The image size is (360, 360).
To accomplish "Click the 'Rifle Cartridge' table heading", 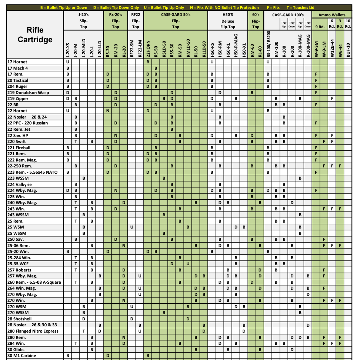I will [35, 35].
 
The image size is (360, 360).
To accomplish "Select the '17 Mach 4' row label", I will [17, 68].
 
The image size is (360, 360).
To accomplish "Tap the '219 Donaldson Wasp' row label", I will [28, 93].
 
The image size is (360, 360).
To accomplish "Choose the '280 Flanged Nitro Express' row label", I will [33, 331].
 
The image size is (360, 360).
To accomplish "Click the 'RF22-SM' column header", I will [132, 47].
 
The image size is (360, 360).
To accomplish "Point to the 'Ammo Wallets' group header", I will [332, 15].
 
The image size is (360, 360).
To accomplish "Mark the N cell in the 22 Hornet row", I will [108, 111].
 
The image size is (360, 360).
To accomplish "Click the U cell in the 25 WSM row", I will [132, 227].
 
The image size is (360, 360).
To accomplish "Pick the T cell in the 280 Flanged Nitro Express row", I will [84, 331].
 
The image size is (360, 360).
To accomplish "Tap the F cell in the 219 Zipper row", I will [332, 99].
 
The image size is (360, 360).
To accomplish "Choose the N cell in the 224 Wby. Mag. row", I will [116, 190].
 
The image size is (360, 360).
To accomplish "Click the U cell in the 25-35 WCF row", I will [188, 264].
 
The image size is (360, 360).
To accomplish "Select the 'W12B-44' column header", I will [332, 48].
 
